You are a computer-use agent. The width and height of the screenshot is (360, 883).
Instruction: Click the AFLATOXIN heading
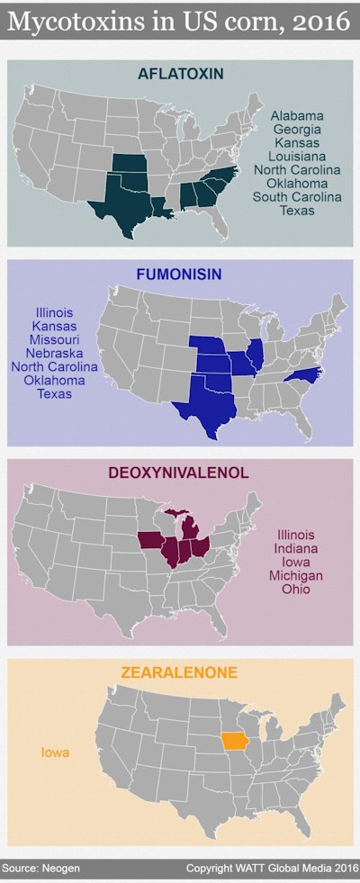(x=180, y=72)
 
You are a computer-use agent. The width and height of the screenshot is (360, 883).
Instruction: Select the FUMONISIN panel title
(x=180, y=272)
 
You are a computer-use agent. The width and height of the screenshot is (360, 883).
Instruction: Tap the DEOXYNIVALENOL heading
(x=180, y=473)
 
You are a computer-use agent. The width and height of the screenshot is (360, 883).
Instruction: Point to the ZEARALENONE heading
(x=180, y=671)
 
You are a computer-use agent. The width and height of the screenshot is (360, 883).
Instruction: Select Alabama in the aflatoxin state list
(x=297, y=116)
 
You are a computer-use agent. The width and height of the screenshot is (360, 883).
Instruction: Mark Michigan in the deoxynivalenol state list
(x=296, y=575)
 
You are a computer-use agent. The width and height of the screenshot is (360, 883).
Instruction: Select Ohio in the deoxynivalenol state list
(x=296, y=589)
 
